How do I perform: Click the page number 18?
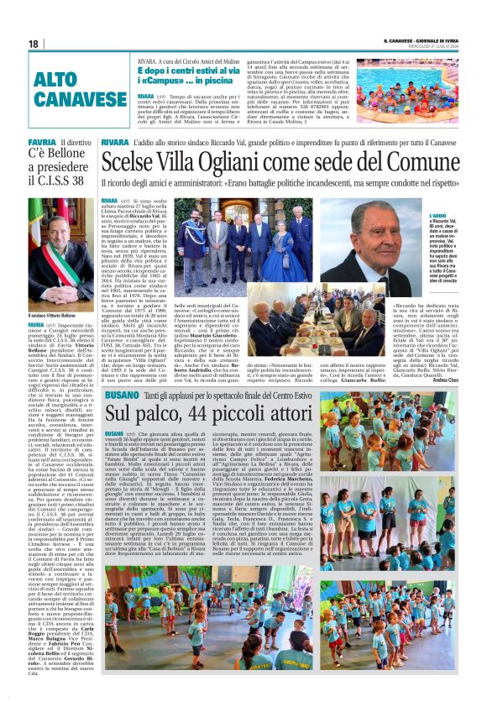(33, 44)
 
